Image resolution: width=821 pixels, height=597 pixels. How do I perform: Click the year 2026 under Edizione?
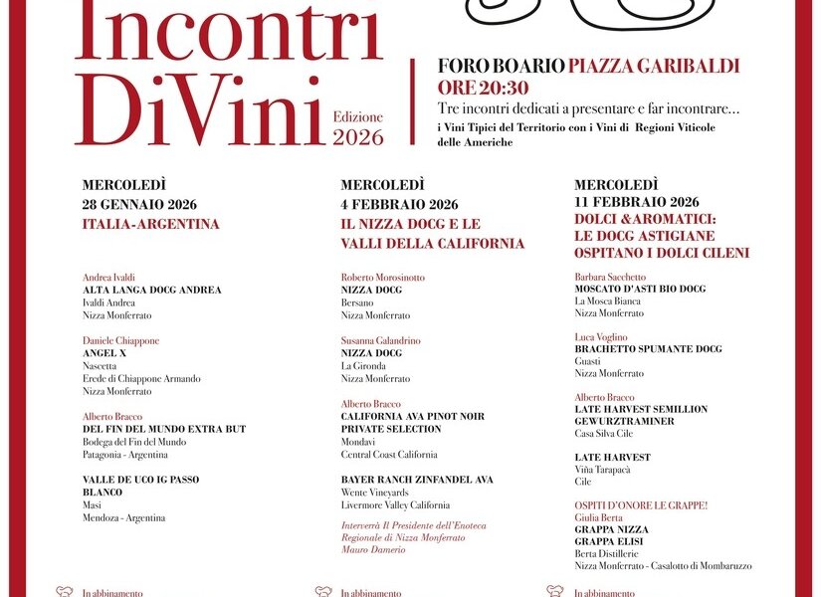click(x=358, y=137)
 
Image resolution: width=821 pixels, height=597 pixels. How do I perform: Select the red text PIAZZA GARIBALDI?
click(x=654, y=66)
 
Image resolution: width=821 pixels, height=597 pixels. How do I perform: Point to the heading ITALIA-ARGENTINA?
click(x=151, y=224)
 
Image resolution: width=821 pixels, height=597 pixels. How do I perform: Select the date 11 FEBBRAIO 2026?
click(x=637, y=202)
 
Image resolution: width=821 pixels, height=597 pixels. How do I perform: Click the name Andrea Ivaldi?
click(x=108, y=278)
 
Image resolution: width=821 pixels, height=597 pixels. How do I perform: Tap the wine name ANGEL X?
click(x=104, y=353)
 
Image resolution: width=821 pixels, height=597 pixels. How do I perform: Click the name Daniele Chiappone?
click(x=120, y=340)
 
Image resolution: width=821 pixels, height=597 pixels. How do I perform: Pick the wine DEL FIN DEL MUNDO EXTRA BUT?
click(x=163, y=429)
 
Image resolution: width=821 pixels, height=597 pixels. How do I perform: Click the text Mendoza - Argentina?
click(x=123, y=517)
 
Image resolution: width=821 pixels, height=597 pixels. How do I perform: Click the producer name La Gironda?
click(x=362, y=366)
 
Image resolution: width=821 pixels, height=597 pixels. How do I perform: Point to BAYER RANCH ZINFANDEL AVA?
click(x=417, y=480)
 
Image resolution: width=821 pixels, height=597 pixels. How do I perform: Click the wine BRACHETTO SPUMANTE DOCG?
click(x=648, y=349)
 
